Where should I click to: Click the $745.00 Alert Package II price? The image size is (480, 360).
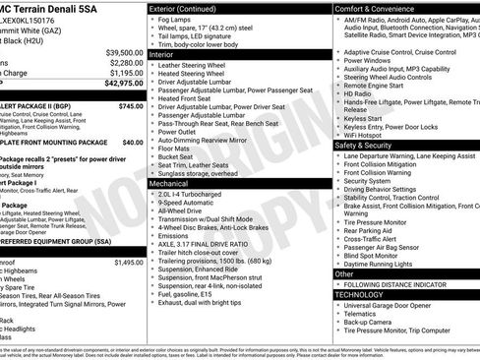(130, 105)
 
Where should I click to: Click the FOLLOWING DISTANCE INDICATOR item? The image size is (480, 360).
(398, 284)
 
